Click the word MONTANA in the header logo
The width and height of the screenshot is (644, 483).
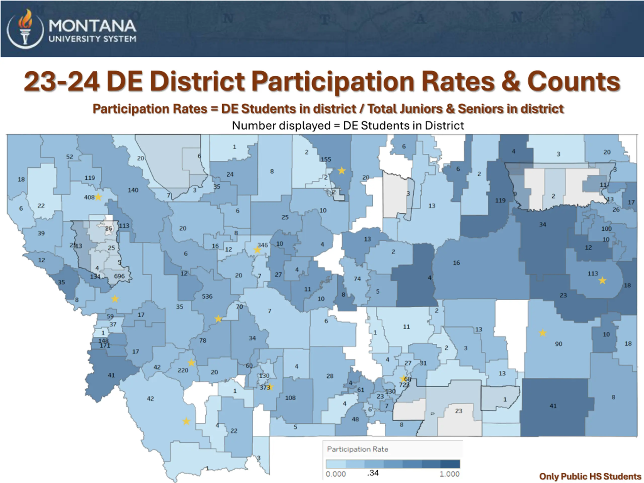click(92, 26)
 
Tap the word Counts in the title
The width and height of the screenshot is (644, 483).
click(573, 82)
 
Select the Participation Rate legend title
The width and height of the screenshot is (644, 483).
click(357, 449)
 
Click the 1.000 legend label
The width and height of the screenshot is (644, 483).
click(449, 474)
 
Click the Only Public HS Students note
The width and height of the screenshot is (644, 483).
click(590, 476)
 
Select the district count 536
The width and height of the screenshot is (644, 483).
click(207, 296)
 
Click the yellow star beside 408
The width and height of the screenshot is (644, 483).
click(98, 197)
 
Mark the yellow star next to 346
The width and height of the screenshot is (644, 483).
click(257, 250)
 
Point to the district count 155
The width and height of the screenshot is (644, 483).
click(326, 159)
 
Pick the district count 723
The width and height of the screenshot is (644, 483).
click(404, 385)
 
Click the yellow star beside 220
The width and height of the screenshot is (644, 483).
click(191, 363)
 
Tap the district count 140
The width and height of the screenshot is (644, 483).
click(133, 190)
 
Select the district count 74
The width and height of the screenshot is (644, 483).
click(357, 279)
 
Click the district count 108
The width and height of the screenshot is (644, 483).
click(290, 398)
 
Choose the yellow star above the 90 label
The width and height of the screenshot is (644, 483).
click(542, 333)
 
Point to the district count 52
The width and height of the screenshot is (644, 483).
click(70, 157)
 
